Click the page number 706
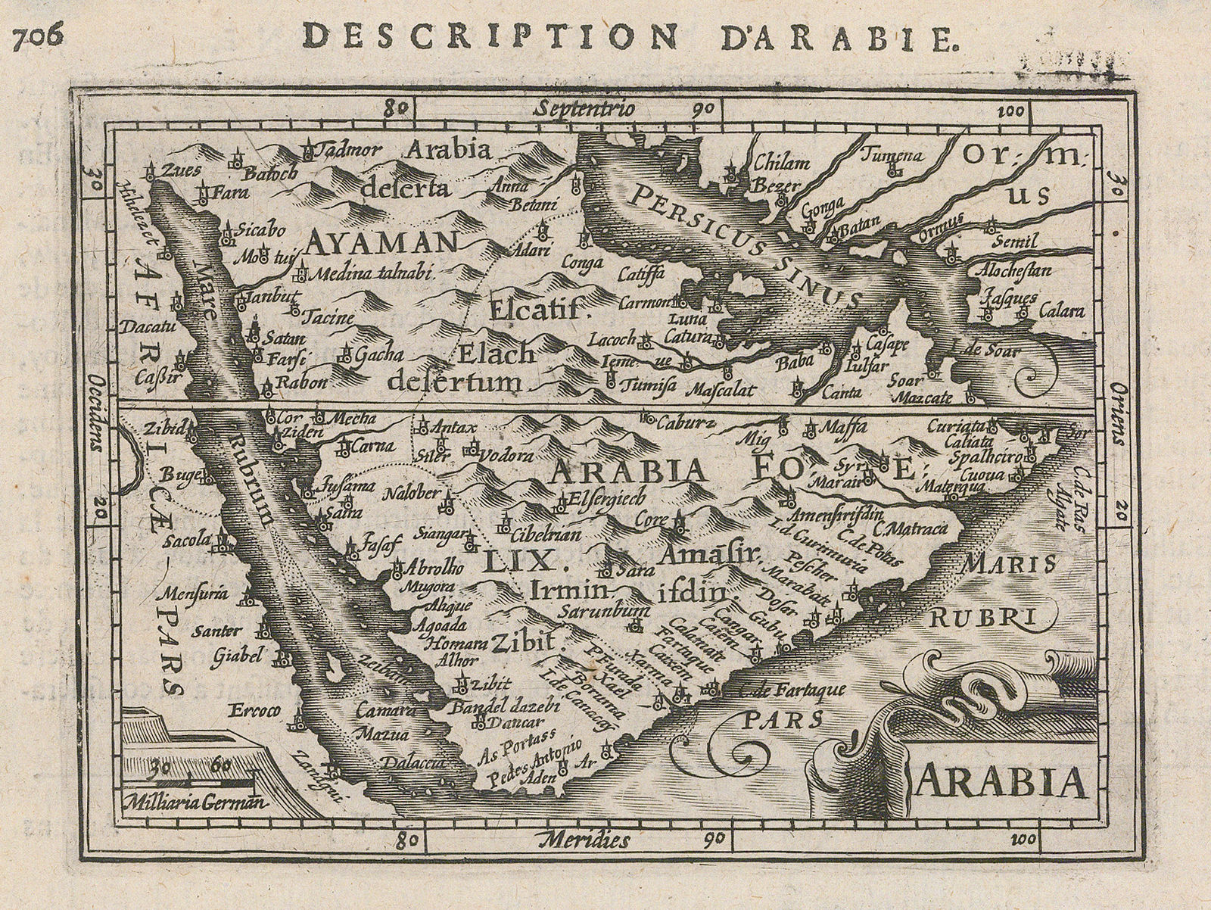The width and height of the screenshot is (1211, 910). click(37, 38)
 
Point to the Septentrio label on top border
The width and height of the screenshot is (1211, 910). click(583, 109)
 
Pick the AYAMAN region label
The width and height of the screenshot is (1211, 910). click(382, 242)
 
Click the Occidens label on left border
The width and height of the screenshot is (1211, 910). click(96, 415)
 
